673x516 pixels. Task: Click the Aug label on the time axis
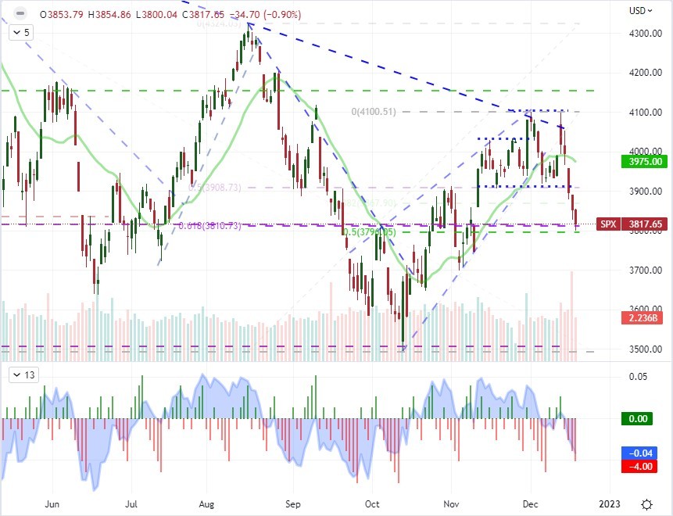click(207, 504)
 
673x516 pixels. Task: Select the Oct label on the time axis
click(372, 504)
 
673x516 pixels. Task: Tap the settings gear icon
click(647, 504)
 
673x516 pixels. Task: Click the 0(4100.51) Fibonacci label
click(374, 112)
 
